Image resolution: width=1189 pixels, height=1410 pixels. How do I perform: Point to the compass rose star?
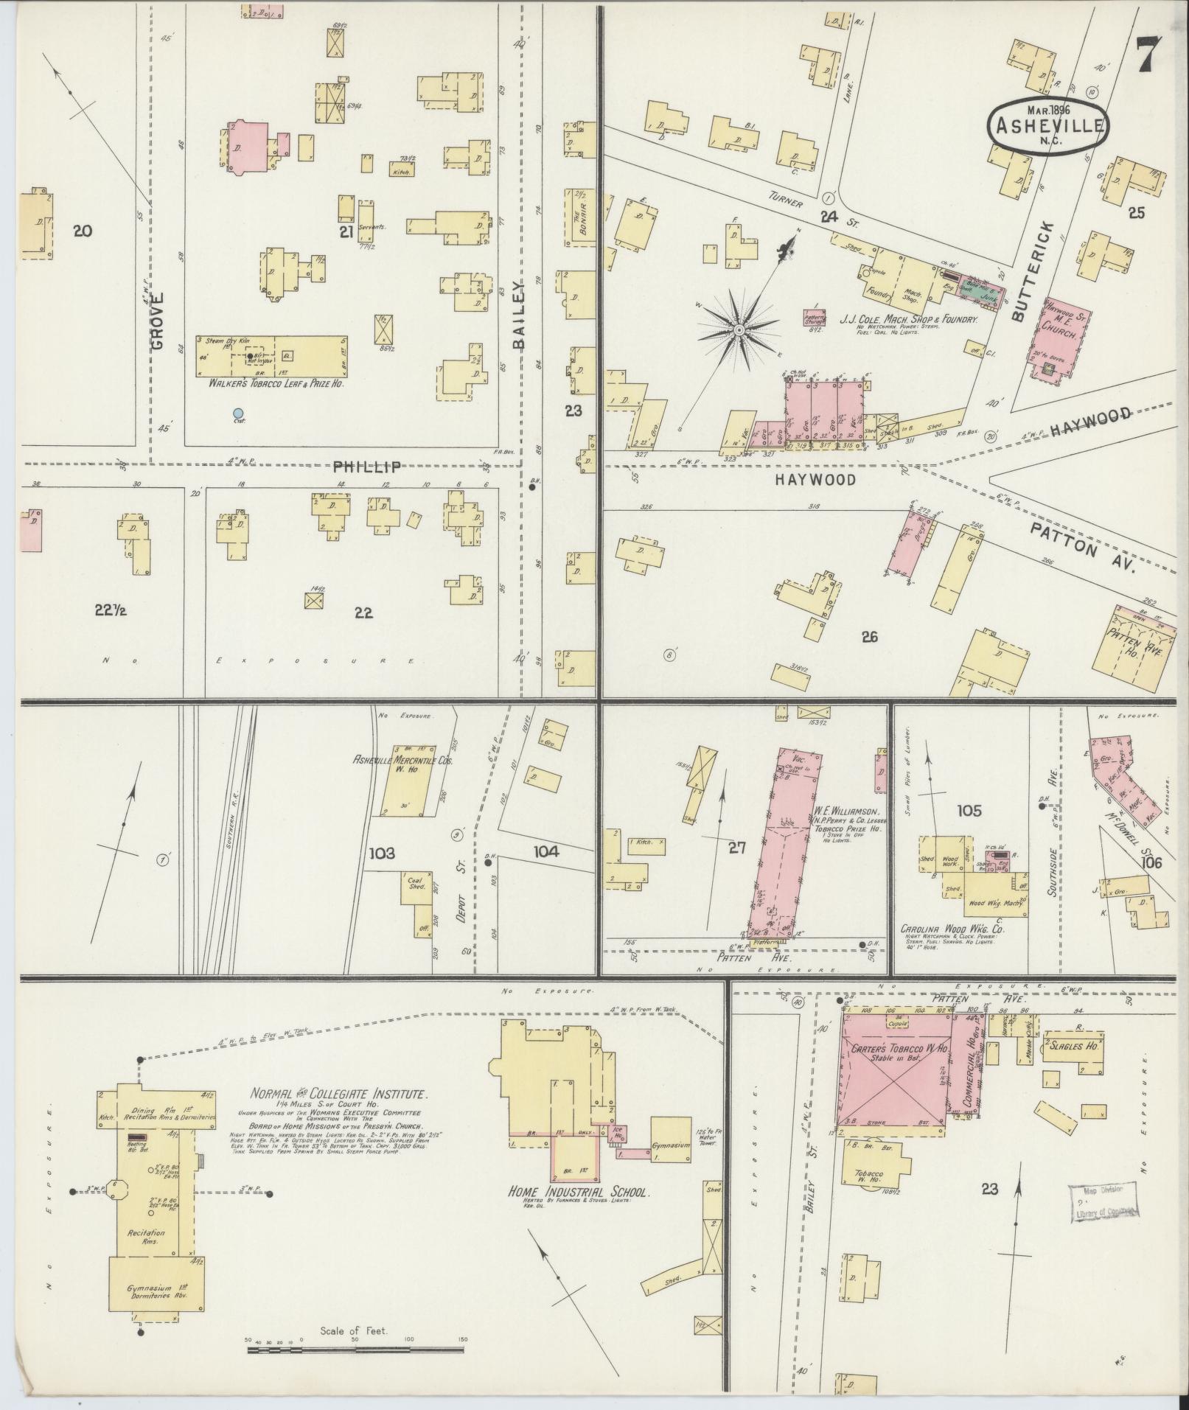pyautogui.click(x=739, y=330)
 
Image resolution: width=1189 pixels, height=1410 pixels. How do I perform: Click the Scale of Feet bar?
pyautogui.click(x=355, y=1350)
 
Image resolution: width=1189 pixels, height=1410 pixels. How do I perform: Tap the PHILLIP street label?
pyautogui.click(x=366, y=467)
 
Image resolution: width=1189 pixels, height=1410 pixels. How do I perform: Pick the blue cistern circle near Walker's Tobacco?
pyautogui.click(x=237, y=413)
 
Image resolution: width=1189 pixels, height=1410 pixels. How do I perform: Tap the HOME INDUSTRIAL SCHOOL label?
pyautogui.click(x=579, y=1193)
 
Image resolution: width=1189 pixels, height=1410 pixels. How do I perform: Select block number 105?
pyautogui.click(x=969, y=811)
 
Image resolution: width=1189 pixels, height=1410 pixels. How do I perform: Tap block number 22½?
pyautogui.click(x=111, y=610)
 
